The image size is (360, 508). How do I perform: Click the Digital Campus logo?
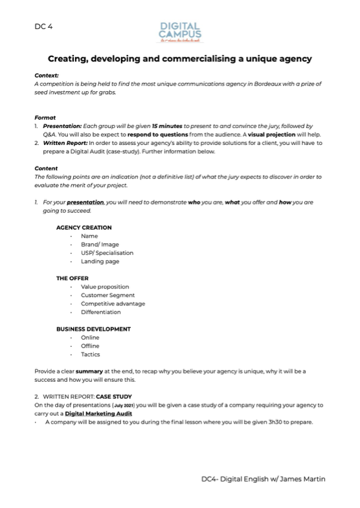click(180, 30)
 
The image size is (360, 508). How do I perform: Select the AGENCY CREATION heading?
click(84, 227)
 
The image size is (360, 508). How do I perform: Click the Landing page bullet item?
click(100, 261)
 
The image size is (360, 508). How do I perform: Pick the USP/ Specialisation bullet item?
click(107, 253)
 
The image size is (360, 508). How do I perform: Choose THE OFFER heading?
click(72, 278)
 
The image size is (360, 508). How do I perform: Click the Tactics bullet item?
click(91, 354)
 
